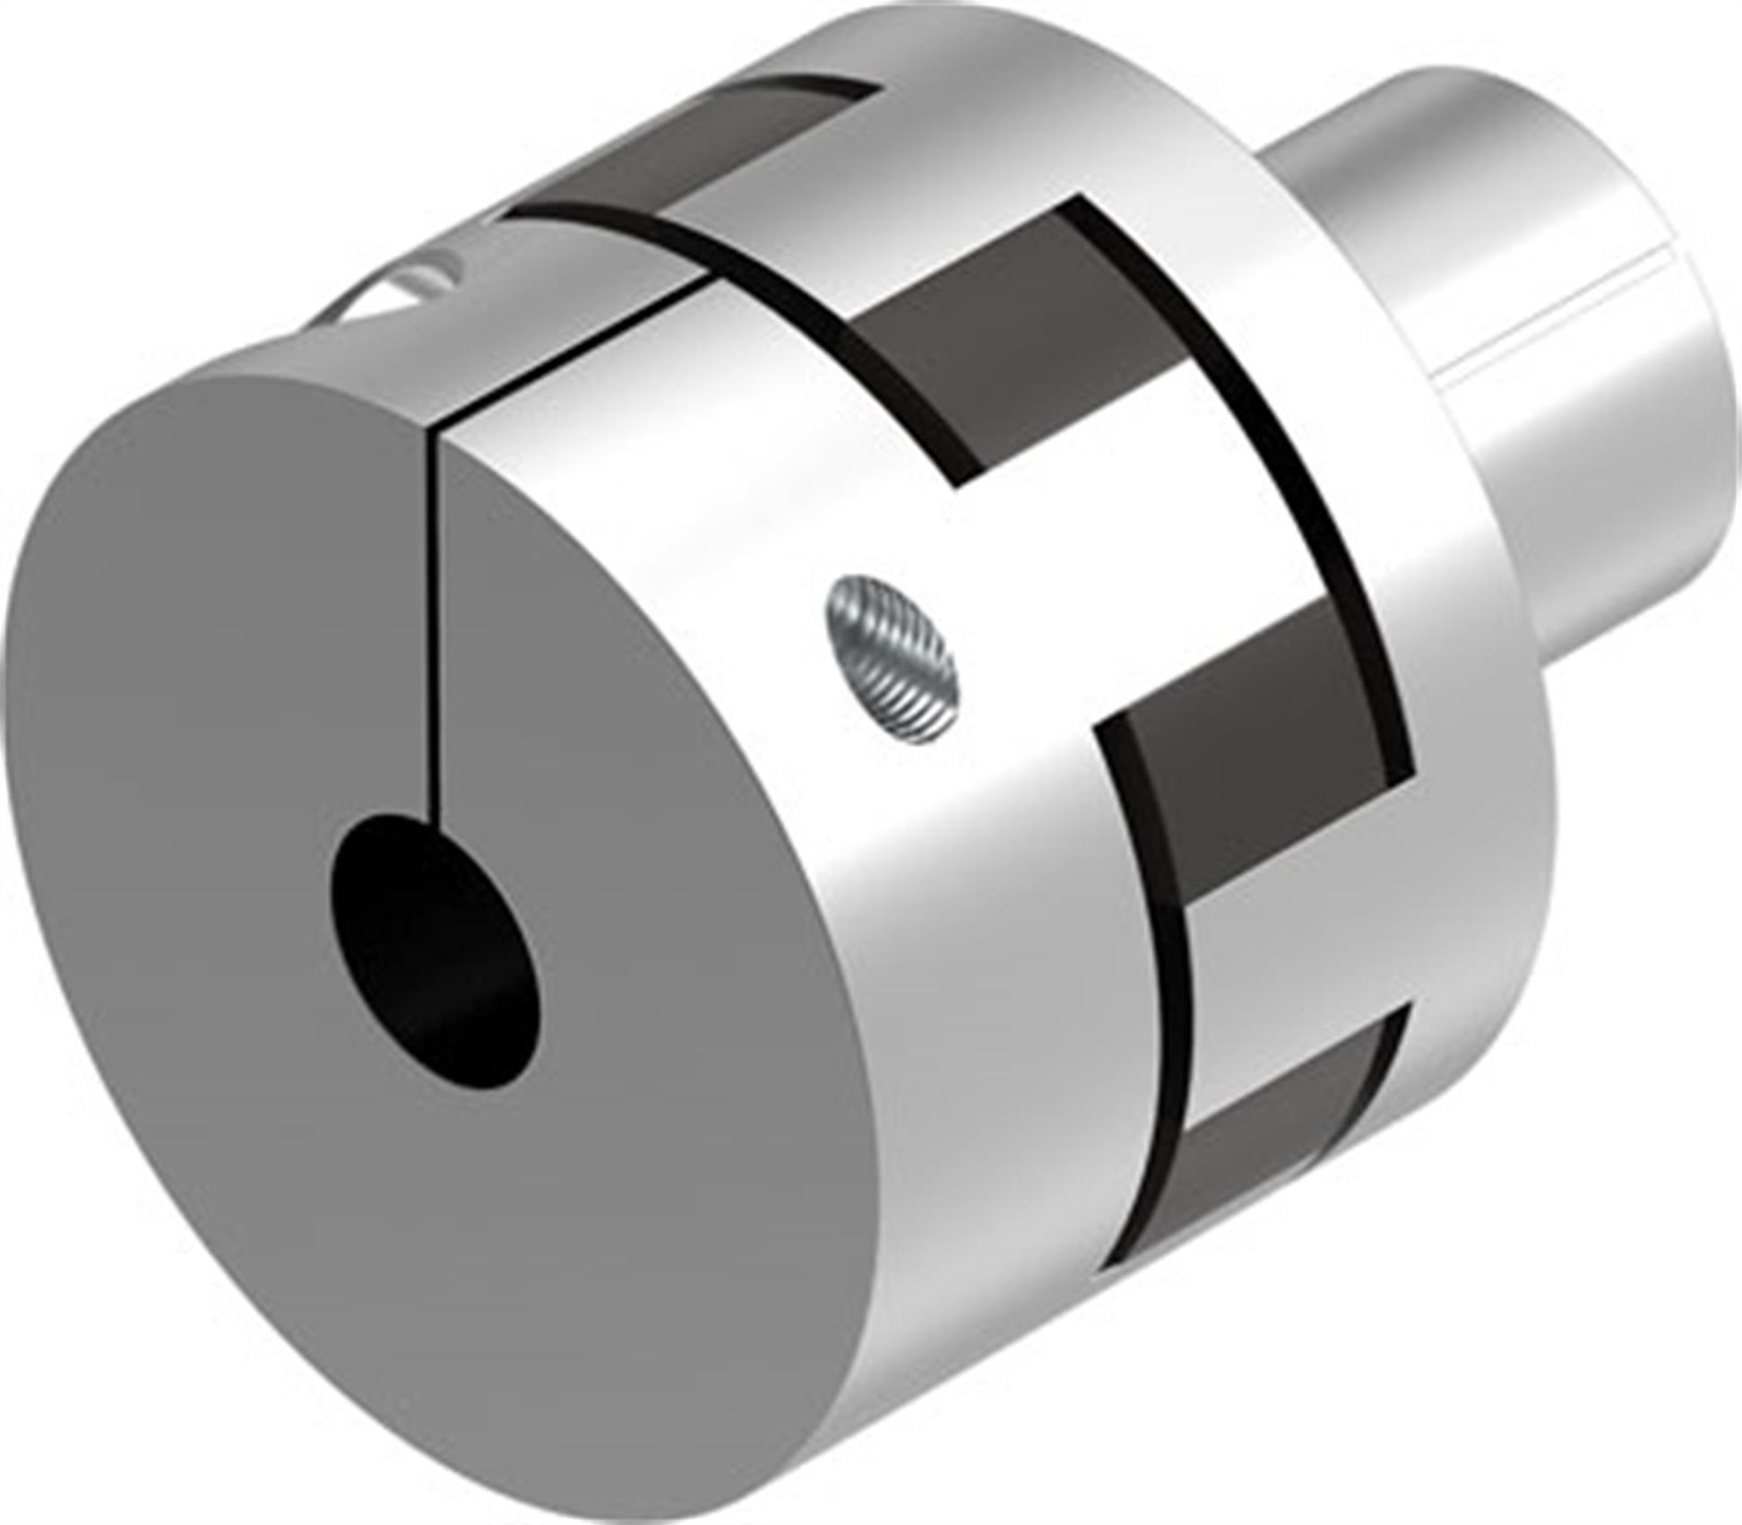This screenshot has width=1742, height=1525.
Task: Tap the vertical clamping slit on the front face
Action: click(x=436, y=628)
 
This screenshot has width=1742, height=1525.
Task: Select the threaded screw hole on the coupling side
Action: click(x=893, y=659)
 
